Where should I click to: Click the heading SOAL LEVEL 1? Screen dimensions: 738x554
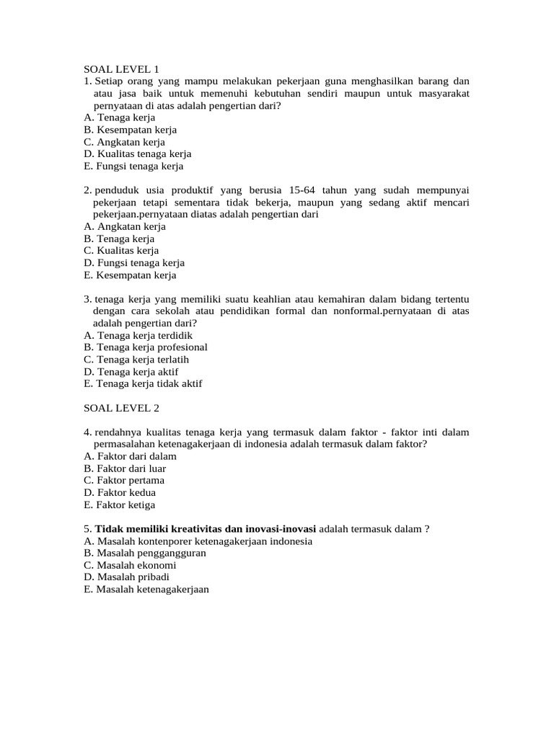click(x=121, y=69)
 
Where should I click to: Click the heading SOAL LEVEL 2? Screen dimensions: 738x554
click(x=121, y=408)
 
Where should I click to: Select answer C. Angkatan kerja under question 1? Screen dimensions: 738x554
click(x=124, y=142)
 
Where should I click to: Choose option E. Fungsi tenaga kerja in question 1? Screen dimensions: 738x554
click(x=133, y=166)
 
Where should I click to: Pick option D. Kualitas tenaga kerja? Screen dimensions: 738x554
click(x=137, y=154)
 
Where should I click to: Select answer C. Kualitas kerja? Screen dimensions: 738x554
click(x=121, y=251)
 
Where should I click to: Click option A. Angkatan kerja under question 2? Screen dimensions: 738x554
click(x=125, y=226)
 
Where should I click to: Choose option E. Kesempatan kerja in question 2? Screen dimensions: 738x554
click(x=130, y=275)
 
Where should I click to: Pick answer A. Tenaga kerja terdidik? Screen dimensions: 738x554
click(x=138, y=335)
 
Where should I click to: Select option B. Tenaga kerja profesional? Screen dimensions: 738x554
click(x=145, y=347)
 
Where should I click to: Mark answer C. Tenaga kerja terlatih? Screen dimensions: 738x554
click(x=136, y=360)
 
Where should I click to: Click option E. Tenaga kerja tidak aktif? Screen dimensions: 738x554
click(x=143, y=384)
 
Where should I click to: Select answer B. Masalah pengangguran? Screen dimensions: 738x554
click(x=145, y=553)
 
